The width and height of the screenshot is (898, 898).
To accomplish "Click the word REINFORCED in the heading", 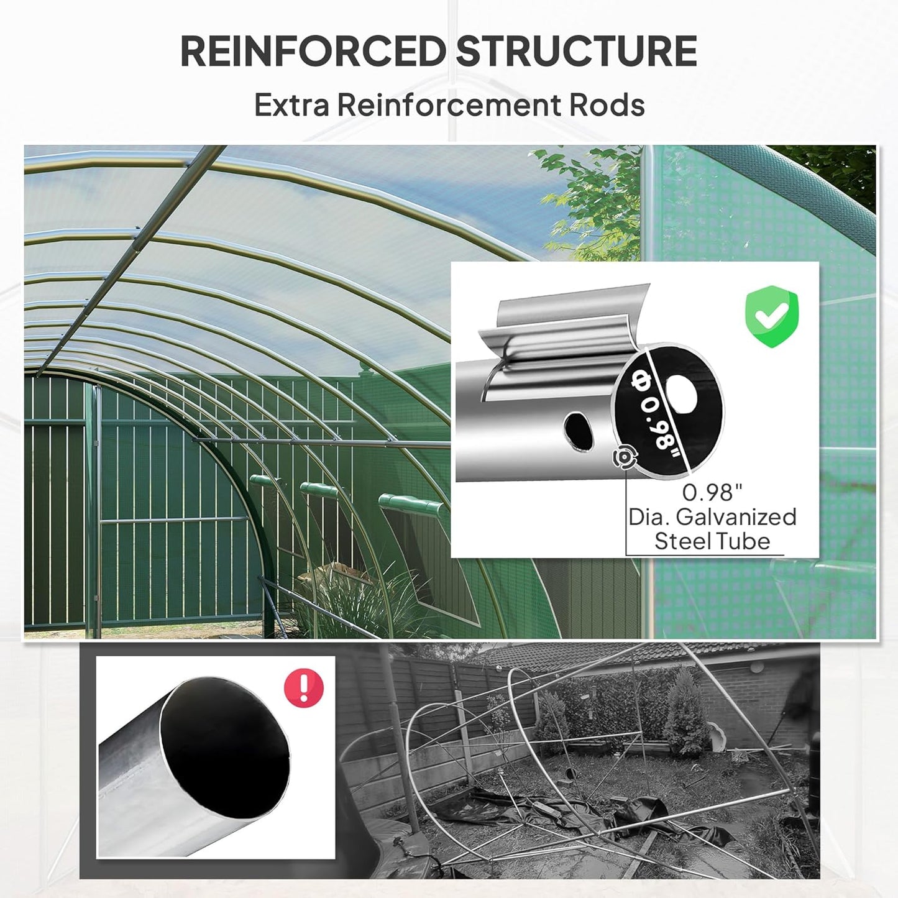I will (313, 51).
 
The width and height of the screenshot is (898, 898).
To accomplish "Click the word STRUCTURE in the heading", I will (576, 51).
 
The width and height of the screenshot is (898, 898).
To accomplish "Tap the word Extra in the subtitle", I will (291, 104).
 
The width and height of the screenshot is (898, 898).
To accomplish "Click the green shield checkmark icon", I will (771, 315).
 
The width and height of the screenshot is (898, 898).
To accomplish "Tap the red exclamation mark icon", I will (304, 687).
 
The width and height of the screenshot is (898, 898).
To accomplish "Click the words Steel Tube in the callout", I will (712, 541).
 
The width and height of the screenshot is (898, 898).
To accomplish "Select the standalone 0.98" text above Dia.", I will (712, 493).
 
